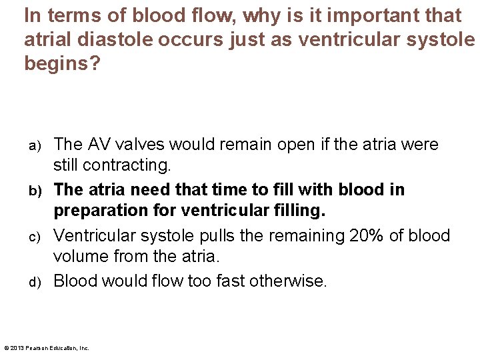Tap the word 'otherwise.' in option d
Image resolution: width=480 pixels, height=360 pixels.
pyautogui.click(x=288, y=281)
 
